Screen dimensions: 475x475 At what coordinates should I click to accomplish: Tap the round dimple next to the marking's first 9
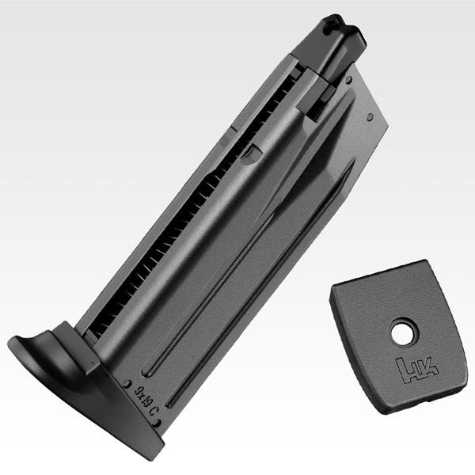click(127, 384)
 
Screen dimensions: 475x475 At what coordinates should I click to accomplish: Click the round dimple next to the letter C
click(156, 423)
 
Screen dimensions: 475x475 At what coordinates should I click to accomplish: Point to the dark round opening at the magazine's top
click(329, 27)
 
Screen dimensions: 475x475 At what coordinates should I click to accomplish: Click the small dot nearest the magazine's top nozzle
click(349, 80)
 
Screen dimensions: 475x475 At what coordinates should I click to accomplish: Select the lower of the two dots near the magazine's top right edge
click(370, 116)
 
